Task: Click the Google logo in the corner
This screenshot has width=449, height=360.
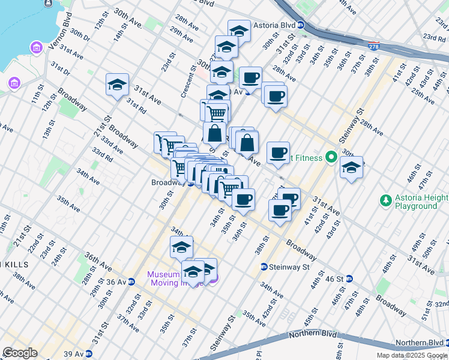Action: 20,352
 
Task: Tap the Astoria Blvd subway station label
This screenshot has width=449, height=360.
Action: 279,25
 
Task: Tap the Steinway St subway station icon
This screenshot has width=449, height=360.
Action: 264,266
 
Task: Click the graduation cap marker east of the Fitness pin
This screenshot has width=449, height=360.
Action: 351,167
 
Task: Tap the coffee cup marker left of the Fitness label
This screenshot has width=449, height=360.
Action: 278,153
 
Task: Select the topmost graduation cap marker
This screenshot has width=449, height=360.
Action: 239,30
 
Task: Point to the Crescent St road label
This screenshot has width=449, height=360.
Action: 188,82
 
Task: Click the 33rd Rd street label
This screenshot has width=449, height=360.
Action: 102,154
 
